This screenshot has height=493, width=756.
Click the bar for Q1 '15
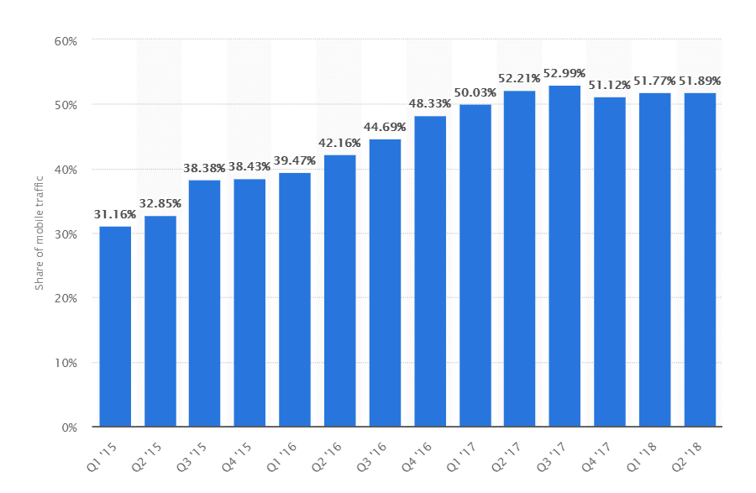point(115,327)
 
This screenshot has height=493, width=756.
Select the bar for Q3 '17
point(564,256)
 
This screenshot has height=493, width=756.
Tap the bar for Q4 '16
point(430,271)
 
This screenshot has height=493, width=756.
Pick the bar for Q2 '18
point(700,260)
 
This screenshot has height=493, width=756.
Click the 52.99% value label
point(564,73)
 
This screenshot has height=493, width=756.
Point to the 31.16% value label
point(115,214)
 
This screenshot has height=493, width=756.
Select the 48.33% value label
point(430,103)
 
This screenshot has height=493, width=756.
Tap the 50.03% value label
point(475,92)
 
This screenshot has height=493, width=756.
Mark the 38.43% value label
point(249,167)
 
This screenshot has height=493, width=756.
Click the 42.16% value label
point(339,143)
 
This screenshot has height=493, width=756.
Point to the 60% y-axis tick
point(66,40)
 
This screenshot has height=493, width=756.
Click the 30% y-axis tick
point(66,234)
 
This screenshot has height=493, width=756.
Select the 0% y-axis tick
point(70,427)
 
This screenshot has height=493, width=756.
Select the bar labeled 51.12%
point(610,262)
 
